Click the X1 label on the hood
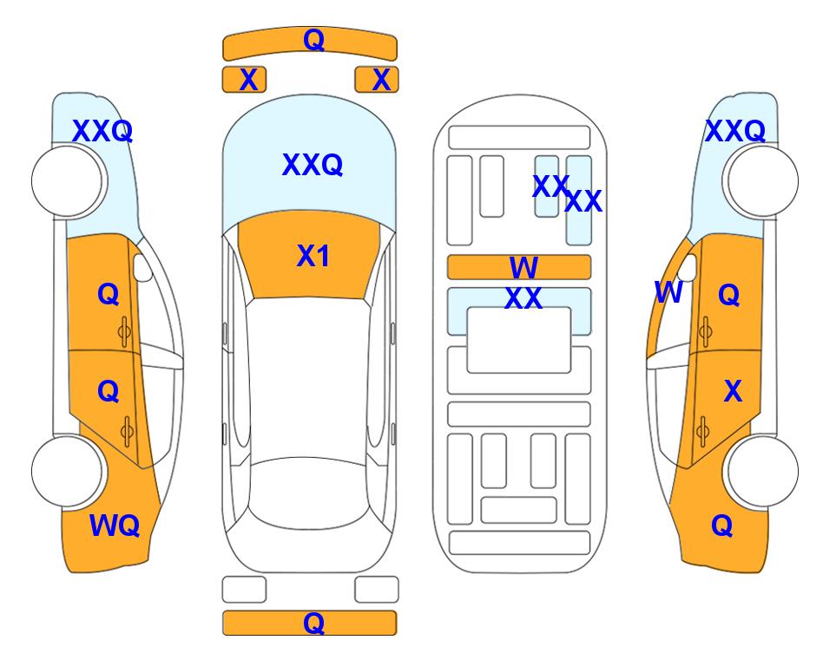(x=313, y=256)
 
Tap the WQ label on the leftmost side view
(x=115, y=526)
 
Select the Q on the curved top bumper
(x=314, y=39)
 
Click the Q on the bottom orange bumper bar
(x=314, y=623)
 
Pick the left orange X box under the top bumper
(x=244, y=80)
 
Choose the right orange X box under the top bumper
(x=377, y=80)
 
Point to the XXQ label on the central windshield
(x=313, y=165)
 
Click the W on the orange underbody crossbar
(x=523, y=267)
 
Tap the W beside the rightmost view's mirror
(x=668, y=292)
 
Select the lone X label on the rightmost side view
(x=733, y=391)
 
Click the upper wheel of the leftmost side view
(x=67, y=181)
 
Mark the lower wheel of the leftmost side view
(x=67, y=471)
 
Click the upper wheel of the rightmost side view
(x=762, y=181)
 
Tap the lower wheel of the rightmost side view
(x=762, y=471)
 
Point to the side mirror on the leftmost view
(x=142, y=267)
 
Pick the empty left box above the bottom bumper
(x=244, y=590)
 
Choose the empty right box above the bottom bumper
(x=377, y=590)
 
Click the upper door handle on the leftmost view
(x=124, y=332)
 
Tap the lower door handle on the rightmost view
(x=703, y=432)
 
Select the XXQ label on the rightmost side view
(x=735, y=131)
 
